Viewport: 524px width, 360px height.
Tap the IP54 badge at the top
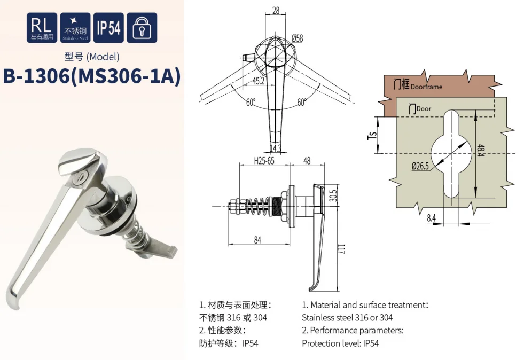coord(108,28)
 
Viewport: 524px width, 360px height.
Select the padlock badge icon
coord(142,28)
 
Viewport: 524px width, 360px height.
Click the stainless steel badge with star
coord(75,28)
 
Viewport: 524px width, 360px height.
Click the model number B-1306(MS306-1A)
coord(92,76)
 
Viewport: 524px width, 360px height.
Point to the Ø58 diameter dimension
coord(297,38)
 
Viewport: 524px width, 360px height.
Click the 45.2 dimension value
coord(258,81)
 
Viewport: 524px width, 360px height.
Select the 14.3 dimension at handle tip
coord(276,147)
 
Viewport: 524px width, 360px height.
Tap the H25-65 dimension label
coord(264,161)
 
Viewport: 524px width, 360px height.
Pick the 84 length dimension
coord(257,240)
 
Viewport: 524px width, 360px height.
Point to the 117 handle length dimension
coord(341,249)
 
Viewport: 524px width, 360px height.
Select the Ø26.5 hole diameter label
coord(420,166)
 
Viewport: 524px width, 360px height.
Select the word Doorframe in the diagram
coord(427,87)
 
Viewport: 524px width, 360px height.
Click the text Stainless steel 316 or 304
coord(343,317)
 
